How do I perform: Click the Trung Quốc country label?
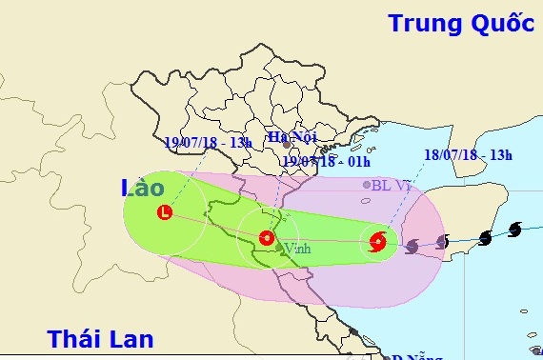tap(460, 24)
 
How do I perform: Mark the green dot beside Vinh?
tap(278, 249)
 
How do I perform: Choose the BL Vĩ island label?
tap(391, 186)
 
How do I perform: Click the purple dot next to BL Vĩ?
tap(367, 185)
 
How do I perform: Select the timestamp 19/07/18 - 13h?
tap(208, 142)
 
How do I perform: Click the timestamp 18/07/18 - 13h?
tap(468, 155)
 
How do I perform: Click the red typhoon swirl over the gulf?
tap(378, 242)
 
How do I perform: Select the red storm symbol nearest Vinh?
tap(267, 236)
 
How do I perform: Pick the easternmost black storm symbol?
tap(515, 230)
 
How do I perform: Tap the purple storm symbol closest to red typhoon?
tap(412, 247)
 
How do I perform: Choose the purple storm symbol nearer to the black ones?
tap(442, 242)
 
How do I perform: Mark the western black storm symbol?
tap(485, 236)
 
